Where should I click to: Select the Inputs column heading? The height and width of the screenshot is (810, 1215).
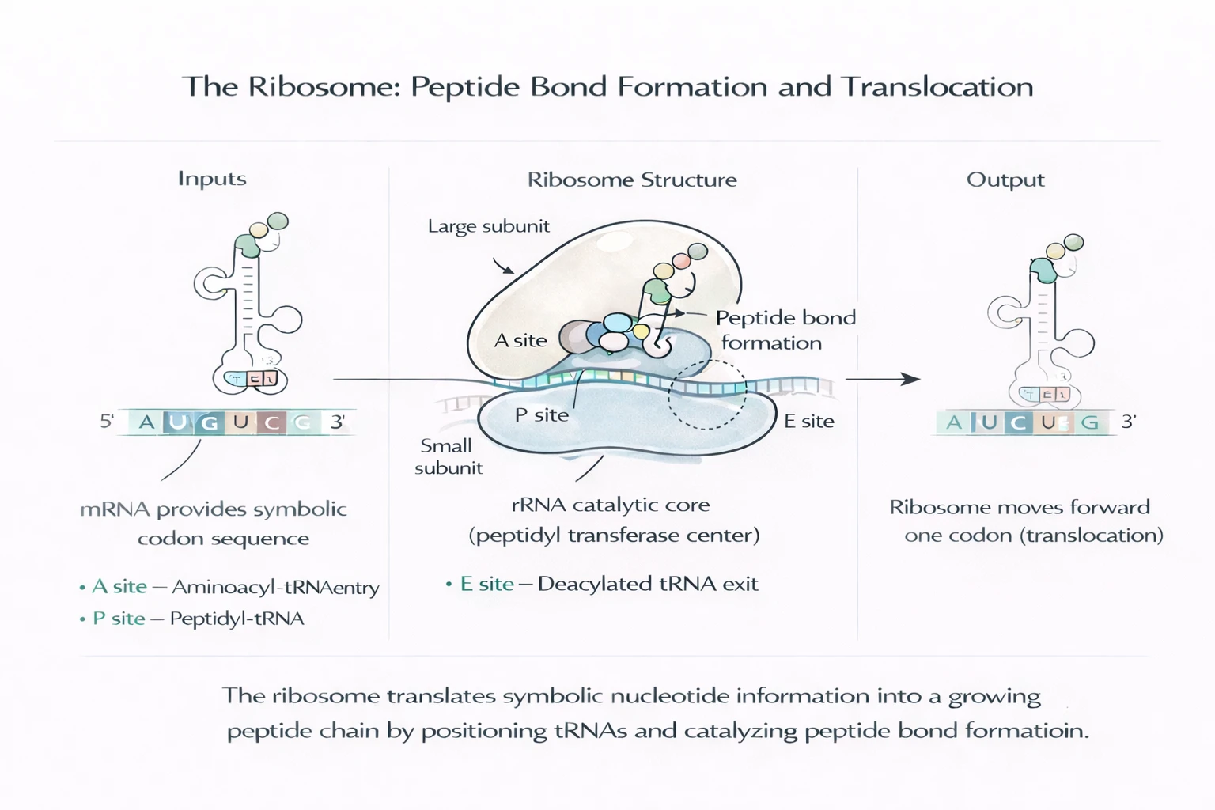(x=212, y=179)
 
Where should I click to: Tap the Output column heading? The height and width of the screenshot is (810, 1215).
(x=1005, y=180)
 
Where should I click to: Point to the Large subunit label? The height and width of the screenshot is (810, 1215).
(x=488, y=226)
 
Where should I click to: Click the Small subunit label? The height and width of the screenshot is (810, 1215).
(x=448, y=456)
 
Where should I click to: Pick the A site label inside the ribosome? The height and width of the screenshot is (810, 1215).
(x=520, y=341)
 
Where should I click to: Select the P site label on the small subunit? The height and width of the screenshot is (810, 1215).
(x=542, y=415)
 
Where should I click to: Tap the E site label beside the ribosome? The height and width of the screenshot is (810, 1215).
(x=808, y=422)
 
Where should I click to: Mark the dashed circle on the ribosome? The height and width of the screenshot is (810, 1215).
(x=706, y=394)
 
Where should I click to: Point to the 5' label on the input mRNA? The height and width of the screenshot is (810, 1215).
(x=107, y=422)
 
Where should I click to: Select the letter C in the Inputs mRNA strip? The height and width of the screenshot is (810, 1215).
(x=272, y=422)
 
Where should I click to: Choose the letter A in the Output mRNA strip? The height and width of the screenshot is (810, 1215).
(x=954, y=422)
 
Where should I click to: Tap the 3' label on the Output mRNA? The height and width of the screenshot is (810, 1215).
(x=1128, y=422)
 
